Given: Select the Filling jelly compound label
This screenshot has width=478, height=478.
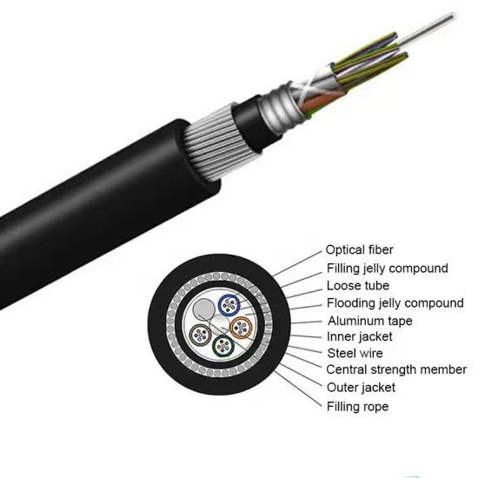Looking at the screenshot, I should (x=387, y=269).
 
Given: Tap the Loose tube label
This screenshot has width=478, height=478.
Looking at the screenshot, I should (x=357, y=286).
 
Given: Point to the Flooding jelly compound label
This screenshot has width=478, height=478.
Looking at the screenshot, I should (x=395, y=303).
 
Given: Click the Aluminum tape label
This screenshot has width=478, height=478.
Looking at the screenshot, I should (x=369, y=321).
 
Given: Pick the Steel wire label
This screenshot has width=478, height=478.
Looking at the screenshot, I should (x=355, y=354).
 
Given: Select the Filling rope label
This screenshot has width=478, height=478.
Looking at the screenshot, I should (x=357, y=406).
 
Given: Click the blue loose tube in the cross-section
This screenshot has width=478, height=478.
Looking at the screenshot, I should (x=230, y=304).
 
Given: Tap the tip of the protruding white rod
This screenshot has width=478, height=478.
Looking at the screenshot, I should (x=453, y=15).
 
